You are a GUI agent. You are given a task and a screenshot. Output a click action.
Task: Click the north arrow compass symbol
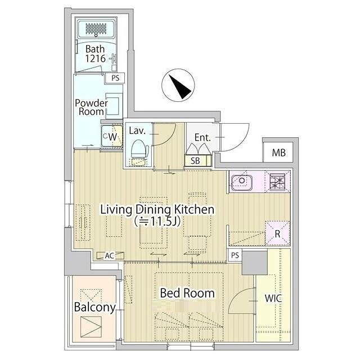click(x=178, y=85)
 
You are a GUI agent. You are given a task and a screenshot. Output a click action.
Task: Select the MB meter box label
click(x=279, y=152)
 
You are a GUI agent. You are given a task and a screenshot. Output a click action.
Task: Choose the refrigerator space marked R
click(x=277, y=233)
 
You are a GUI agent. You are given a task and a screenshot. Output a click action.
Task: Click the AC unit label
click(x=110, y=255)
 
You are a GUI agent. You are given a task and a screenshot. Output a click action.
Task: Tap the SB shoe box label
click(x=195, y=161)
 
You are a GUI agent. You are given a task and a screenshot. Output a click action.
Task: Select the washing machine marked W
click(x=112, y=136)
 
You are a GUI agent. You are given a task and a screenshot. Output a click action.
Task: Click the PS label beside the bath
click(x=115, y=78)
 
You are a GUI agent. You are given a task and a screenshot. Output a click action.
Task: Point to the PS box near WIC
click(x=235, y=255)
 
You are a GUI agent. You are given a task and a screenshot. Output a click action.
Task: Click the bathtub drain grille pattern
click(x=96, y=29)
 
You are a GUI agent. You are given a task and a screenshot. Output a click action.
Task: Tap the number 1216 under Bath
click(x=96, y=58)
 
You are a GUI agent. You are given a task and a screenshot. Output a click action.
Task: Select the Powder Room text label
click(x=91, y=107)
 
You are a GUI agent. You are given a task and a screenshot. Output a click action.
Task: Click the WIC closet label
click(x=273, y=298)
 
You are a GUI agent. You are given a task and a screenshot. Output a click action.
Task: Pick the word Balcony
click(x=95, y=307)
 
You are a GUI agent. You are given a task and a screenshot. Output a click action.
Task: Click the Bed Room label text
click(x=187, y=293)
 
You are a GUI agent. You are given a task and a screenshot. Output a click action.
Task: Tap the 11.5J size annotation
click(x=157, y=221)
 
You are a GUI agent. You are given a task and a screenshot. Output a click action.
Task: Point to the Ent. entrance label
click(x=202, y=137)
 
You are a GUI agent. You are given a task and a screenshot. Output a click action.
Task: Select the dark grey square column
click(x=255, y=263)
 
